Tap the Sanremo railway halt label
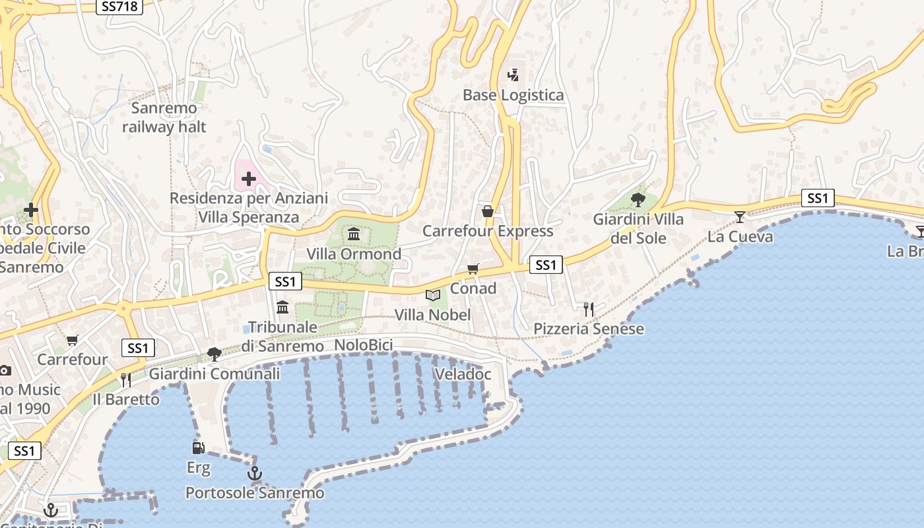(164, 117)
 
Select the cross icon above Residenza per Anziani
(249, 179)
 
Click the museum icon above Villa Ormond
(354, 234)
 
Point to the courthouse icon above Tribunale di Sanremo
(282, 307)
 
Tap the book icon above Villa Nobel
(433, 295)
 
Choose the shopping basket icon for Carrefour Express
(488, 211)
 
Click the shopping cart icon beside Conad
(473, 269)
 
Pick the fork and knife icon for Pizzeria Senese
(589, 309)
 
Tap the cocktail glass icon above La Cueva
(740, 216)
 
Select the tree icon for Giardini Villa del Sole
(638, 199)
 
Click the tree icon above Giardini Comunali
(214, 354)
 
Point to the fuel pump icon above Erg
(198, 448)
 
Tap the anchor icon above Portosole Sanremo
(254, 473)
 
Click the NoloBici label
(364, 345)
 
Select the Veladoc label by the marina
(463, 374)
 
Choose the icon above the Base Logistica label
(513, 75)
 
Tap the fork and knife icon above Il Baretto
(125, 379)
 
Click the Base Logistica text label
(513, 95)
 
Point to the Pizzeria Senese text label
(589, 329)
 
